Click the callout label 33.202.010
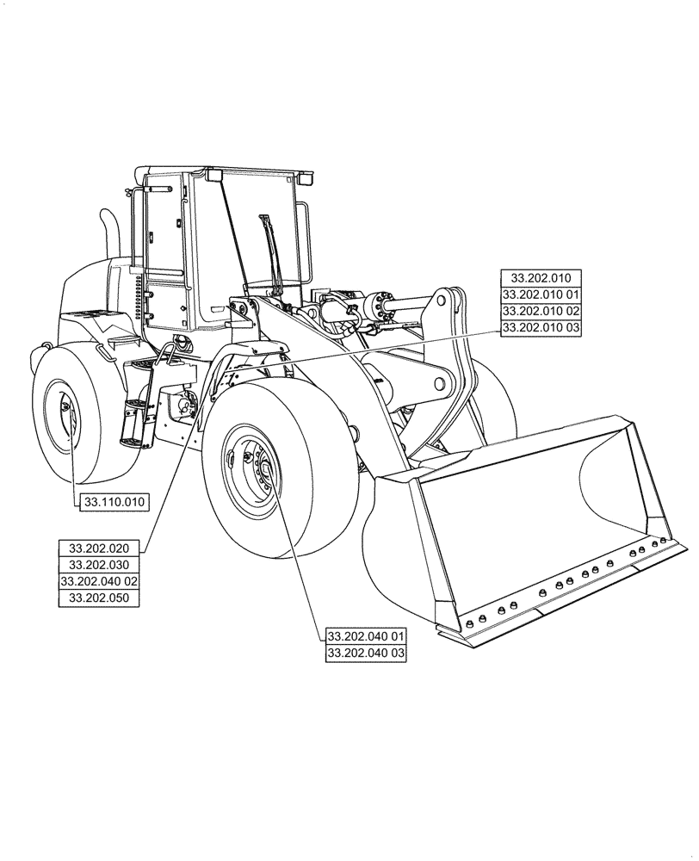pyautogui.click(x=541, y=278)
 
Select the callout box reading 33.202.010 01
pyautogui.click(x=541, y=294)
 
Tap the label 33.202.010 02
pyautogui.click(x=541, y=311)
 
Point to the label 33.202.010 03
pyautogui.click(x=541, y=327)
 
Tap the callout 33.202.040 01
pyautogui.click(x=365, y=636)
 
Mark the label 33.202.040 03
pyautogui.click(x=365, y=653)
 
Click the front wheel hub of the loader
pyautogui.click(x=256, y=470)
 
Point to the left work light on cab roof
pyautogui.click(x=213, y=177)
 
